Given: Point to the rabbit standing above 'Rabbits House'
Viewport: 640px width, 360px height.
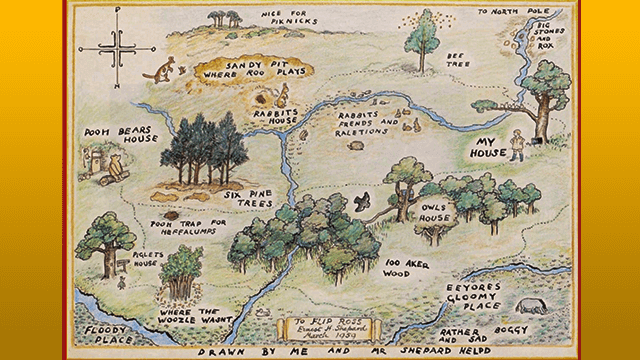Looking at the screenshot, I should pos(284,95).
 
